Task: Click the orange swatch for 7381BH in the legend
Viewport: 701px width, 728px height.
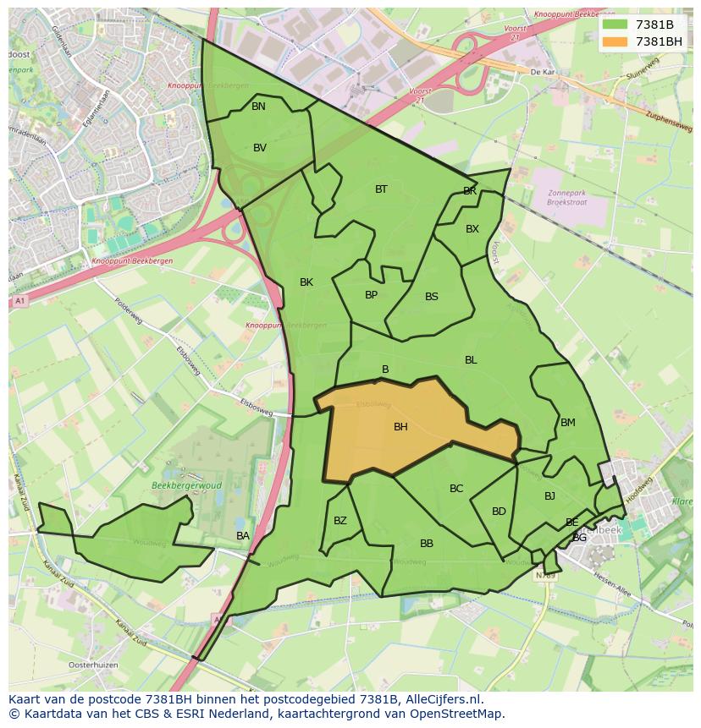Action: coord(615,41)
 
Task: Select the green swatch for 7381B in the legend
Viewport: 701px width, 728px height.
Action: coord(615,25)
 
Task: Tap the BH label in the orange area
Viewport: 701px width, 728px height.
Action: coord(400,427)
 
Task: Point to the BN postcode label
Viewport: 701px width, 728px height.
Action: coord(258,107)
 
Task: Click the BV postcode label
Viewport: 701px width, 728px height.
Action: coord(260,148)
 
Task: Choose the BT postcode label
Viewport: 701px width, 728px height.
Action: coord(381,189)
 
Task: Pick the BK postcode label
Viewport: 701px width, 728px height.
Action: coord(306,282)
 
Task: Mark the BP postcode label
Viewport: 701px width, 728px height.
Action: coord(371,295)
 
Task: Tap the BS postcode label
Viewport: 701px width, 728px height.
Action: coord(432,297)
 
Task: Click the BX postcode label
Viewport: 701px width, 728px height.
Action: coord(472,229)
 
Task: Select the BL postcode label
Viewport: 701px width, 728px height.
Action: coord(471,360)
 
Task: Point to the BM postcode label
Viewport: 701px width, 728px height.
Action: coord(568,423)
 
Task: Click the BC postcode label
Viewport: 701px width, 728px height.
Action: coord(456,489)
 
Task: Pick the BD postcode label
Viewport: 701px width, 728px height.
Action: coord(499,512)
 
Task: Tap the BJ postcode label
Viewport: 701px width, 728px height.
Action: coord(549,496)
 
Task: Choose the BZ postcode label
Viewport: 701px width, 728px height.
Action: coord(340,521)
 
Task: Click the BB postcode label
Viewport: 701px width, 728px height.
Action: coord(427,544)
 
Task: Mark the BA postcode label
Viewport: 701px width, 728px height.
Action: coord(243,536)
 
